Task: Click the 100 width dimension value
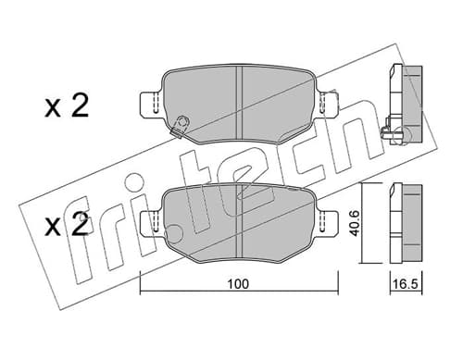coord(238,284)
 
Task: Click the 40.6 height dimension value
coord(355,223)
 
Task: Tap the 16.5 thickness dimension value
coord(407,284)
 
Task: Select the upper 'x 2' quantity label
coord(67,106)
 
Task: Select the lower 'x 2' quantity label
coord(67,225)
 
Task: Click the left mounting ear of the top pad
coord(151,104)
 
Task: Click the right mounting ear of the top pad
coord(328,104)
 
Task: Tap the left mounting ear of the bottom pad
coord(151,223)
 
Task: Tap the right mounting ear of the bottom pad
coord(329,223)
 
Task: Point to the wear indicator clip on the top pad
coord(180,126)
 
